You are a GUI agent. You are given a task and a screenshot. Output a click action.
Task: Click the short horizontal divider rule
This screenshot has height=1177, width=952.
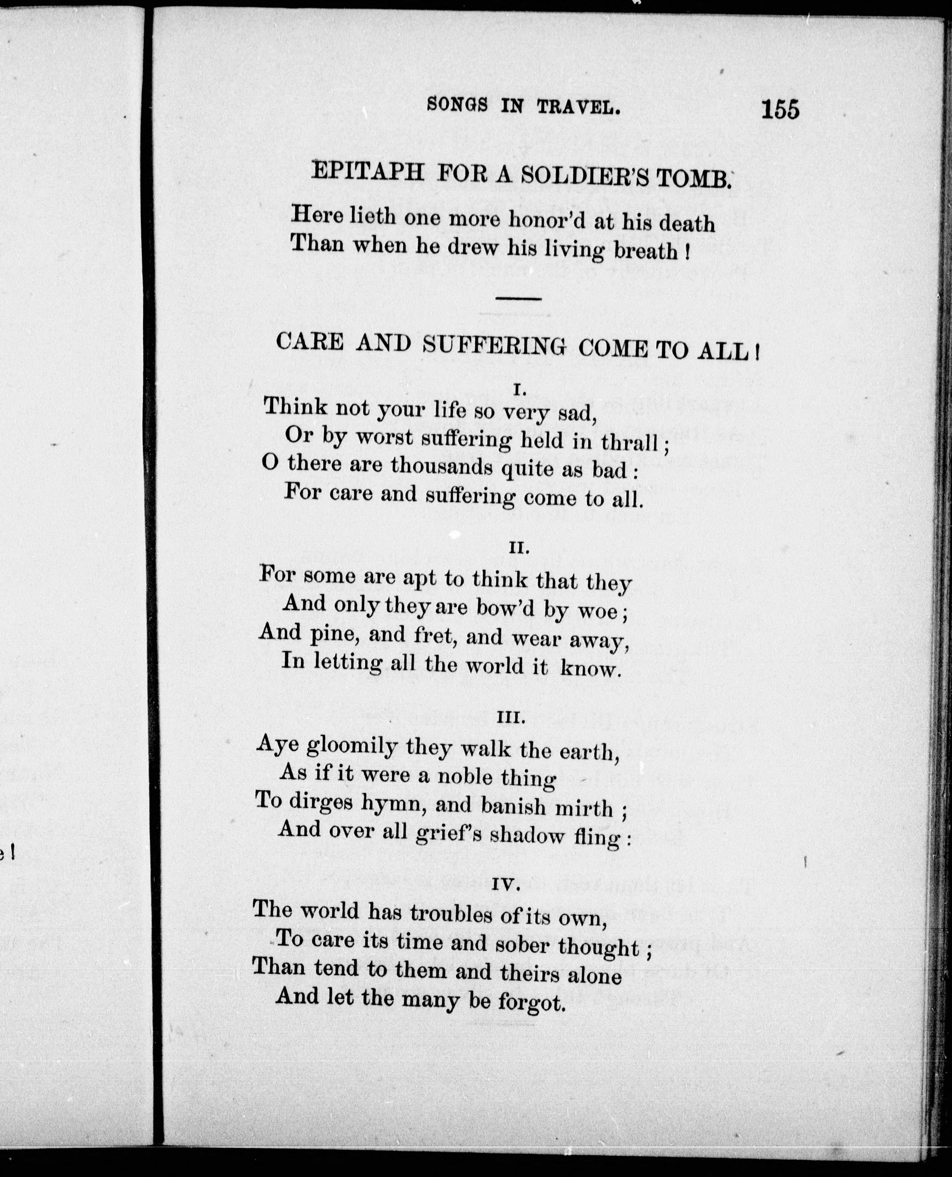[x=518, y=298]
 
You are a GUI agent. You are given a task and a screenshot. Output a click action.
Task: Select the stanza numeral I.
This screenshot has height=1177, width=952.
[x=519, y=389]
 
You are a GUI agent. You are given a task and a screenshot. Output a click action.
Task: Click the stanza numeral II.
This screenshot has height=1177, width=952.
[x=518, y=548]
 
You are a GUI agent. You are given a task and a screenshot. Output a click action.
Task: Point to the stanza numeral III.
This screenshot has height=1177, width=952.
[x=511, y=718]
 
